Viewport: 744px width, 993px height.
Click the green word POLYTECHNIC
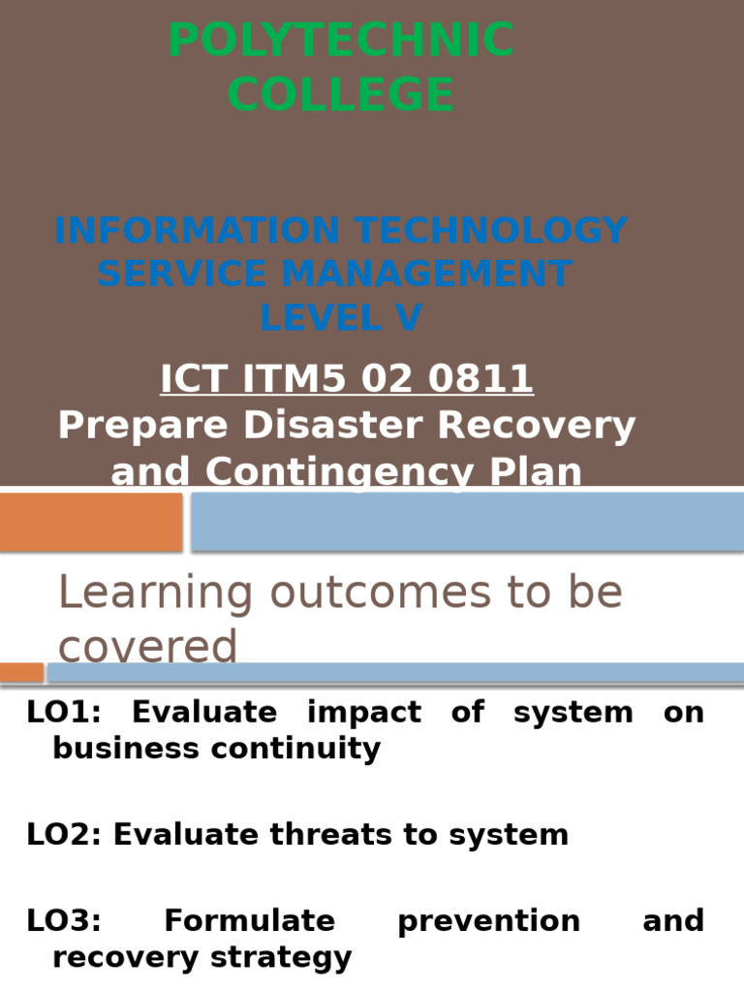tap(341, 42)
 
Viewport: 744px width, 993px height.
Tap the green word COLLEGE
tap(341, 95)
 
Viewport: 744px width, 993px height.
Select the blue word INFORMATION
tap(198, 232)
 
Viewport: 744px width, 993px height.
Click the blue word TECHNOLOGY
tap(491, 232)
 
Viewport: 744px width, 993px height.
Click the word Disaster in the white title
tap(418, 426)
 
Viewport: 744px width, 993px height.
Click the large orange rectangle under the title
tap(91, 522)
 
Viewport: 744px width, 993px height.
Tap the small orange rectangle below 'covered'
tap(21, 672)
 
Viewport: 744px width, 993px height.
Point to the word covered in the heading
tap(147, 647)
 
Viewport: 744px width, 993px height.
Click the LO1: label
tap(65, 713)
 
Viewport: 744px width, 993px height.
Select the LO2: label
tap(64, 835)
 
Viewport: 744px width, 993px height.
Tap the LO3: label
tap(64, 920)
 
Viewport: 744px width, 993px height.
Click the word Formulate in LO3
tap(250, 920)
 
